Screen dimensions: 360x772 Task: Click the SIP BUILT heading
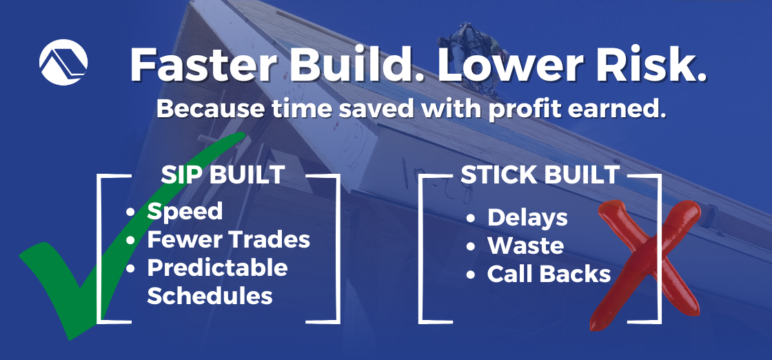223,174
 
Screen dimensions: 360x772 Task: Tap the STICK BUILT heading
540,174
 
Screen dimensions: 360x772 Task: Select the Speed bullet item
185,211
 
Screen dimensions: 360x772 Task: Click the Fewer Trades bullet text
229,239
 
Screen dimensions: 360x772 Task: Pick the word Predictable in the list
217,268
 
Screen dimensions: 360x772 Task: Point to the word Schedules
210,296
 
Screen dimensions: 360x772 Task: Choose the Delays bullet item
527,218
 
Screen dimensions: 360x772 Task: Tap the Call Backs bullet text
549,274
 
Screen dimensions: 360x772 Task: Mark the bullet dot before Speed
131,212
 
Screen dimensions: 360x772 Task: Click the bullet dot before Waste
471,247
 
